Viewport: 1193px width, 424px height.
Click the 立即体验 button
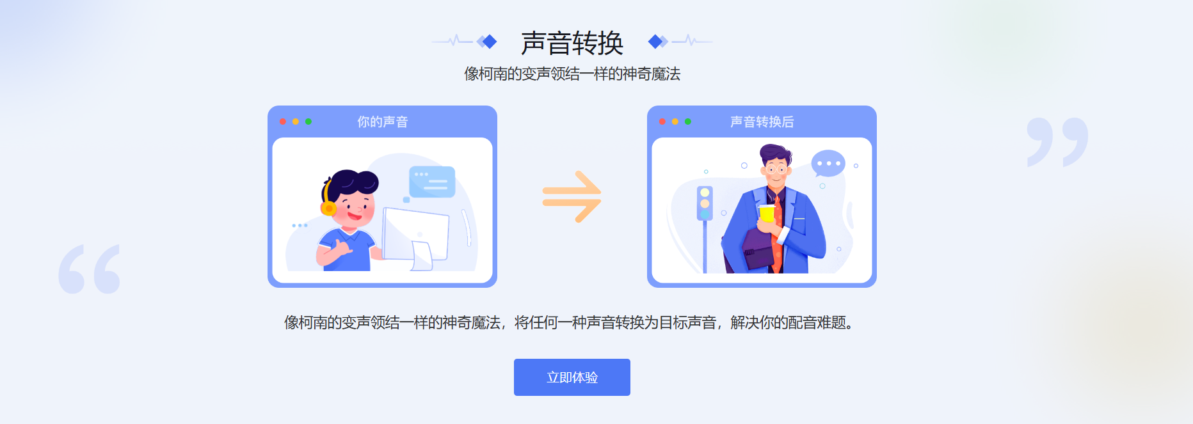tap(572, 377)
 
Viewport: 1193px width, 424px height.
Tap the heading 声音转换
tap(572, 43)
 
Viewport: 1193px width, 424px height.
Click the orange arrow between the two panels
tap(572, 196)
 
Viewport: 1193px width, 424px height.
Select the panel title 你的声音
tap(382, 122)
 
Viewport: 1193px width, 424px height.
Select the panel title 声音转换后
tap(762, 122)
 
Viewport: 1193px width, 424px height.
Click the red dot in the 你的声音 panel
tap(283, 122)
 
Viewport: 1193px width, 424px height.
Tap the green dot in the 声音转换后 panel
tap(688, 122)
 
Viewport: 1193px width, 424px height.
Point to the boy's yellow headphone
tap(328, 206)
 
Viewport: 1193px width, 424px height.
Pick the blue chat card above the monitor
tap(432, 182)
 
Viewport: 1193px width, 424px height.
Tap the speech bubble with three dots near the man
tap(828, 164)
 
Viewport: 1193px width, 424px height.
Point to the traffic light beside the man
tap(705, 203)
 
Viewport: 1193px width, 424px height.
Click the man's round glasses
tap(776, 169)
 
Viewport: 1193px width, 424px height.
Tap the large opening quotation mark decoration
tap(89, 269)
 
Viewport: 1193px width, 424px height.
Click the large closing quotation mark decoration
tap(1057, 141)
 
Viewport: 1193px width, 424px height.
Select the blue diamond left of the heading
tap(490, 42)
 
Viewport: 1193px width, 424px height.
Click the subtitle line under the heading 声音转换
tap(572, 74)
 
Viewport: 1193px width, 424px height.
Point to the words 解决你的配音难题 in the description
tap(789, 323)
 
